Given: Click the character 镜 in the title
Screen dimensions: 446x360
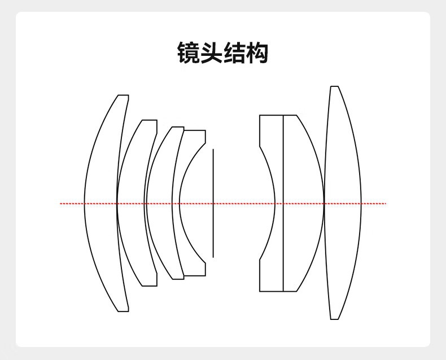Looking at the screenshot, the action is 189,53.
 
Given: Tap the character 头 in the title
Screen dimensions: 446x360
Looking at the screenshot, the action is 212,53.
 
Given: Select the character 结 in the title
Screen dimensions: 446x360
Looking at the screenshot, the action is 234,53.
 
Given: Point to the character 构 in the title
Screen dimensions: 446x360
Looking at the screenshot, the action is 257,53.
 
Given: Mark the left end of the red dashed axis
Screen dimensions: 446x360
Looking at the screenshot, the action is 61,203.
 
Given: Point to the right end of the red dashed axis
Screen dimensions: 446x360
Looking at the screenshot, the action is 386,203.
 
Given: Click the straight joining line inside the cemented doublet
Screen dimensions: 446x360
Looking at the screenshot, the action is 283,243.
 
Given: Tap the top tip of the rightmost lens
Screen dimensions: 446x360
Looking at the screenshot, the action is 334,87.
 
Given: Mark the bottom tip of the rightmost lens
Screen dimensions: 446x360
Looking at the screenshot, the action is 334,319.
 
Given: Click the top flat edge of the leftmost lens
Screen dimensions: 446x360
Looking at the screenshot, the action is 123,95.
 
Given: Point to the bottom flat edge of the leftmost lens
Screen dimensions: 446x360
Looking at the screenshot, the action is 123,311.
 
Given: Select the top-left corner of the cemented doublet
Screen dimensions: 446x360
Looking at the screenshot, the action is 260,116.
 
